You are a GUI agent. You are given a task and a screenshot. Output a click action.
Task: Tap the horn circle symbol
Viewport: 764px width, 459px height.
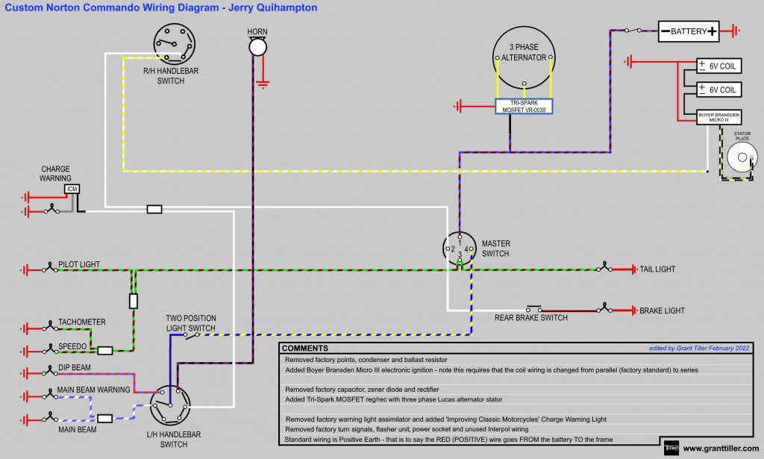(257, 48)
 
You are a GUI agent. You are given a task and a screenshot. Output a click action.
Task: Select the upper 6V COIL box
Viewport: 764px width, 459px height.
(717, 66)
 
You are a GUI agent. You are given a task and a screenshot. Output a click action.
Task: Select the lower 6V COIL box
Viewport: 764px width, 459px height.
(717, 90)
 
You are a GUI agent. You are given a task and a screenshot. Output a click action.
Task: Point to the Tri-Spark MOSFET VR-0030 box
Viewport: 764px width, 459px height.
(524, 106)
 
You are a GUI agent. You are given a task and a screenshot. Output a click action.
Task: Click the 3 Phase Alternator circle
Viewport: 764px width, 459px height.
(524, 57)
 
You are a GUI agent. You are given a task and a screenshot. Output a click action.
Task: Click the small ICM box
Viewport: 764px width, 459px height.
(72, 190)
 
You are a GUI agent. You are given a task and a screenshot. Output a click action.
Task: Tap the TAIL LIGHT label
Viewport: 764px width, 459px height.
(657, 269)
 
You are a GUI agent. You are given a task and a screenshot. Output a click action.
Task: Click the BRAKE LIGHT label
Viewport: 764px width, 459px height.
(662, 310)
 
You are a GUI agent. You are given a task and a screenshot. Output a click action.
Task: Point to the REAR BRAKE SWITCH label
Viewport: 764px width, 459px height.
(530, 318)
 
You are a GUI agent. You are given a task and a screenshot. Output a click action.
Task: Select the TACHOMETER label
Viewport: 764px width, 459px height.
(82, 322)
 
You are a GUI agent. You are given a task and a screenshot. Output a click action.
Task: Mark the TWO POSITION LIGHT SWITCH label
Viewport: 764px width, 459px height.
(190, 323)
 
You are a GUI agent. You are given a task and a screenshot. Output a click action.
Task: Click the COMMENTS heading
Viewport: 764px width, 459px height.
(304, 349)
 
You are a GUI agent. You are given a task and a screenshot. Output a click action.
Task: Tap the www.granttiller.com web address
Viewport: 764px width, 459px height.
(721, 449)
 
